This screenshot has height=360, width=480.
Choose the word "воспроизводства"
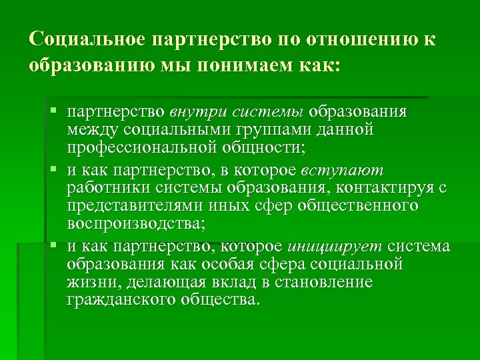click(x=135, y=222)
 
